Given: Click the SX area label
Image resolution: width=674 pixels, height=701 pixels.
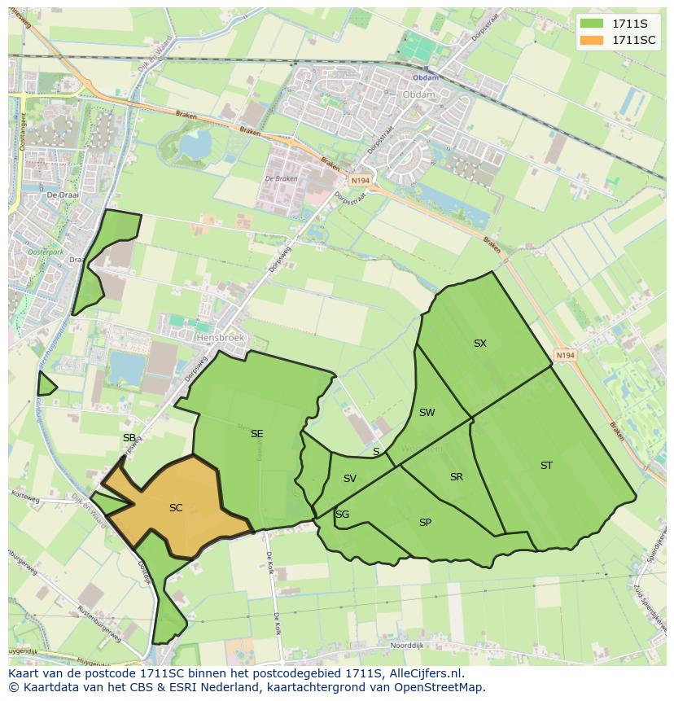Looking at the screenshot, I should [x=479, y=344].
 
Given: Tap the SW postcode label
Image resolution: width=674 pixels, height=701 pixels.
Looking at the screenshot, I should [x=427, y=413].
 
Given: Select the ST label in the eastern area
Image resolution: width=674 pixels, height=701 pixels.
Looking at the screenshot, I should [x=546, y=466].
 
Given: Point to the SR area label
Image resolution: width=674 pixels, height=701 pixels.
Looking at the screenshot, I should [x=456, y=477].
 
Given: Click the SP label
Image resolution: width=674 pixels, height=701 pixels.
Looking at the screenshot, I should [x=425, y=523].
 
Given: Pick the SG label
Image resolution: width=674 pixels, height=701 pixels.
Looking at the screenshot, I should [x=342, y=514].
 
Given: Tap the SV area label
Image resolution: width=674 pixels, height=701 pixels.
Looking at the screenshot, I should [x=350, y=479].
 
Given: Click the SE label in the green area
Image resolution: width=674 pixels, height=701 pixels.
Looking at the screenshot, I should [x=256, y=434].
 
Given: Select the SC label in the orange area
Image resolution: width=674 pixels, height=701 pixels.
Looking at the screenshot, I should [x=176, y=508].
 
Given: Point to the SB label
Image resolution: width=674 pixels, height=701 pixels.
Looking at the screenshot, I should [x=129, y=438].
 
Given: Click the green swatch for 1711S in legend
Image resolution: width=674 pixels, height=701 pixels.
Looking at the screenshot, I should [x=592, y=24].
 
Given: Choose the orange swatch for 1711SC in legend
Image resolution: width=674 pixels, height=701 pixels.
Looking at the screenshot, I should [x=592, y=40].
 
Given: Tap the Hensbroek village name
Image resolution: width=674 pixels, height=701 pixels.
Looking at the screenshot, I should [x=220, y=336].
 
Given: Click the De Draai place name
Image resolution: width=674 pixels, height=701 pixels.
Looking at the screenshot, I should [x=61, y=195].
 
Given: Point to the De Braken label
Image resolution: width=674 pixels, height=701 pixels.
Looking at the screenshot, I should [x=281, y=179].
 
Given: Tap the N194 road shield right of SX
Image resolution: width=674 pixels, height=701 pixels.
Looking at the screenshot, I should [x=565, y=356].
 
